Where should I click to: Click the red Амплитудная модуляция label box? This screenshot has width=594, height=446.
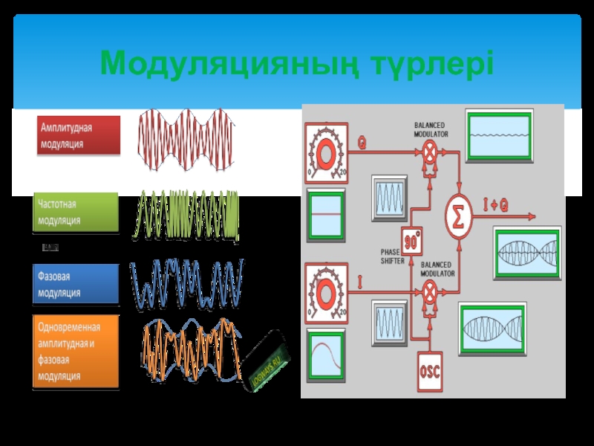79,135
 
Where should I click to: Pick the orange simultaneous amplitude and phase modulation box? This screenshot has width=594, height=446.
76,352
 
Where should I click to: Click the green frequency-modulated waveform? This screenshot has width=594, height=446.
186,216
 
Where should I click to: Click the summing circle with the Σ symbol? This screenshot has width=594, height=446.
458,216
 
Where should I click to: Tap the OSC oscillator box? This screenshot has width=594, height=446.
430,369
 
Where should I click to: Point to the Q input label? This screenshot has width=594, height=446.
362,144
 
